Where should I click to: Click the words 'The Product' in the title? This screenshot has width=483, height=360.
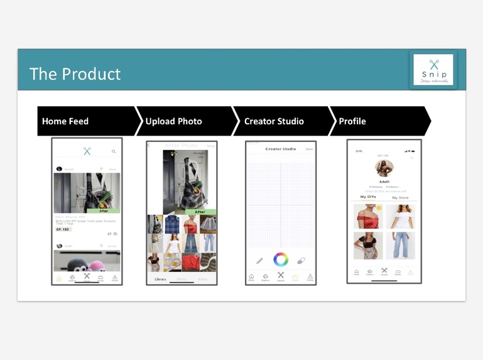click(x=75, y=74)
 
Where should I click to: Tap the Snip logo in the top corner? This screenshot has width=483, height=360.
click(x=433, y=70)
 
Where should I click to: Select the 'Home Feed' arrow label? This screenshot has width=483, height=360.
click(x=65, y=121)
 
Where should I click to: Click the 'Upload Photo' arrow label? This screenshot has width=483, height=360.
click(x=174, y=121)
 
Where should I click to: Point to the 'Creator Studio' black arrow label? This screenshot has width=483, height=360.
click(x=274, y=121)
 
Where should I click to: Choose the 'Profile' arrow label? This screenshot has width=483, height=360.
click(x=352, y=121)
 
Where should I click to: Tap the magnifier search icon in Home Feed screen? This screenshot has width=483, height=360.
click(x=114, y=151)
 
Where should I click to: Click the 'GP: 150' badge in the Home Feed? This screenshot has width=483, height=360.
click(x=63, y=229)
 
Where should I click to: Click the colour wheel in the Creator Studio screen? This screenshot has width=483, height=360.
click(x=281, y=259)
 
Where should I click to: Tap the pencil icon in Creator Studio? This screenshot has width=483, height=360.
click(x=259, y=259)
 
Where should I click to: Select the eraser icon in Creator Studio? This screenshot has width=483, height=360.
click(x=301, y=259)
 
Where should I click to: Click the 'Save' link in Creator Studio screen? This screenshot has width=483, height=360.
click(x=309, y=149)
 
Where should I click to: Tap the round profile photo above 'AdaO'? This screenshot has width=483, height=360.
click(x=384, y=168)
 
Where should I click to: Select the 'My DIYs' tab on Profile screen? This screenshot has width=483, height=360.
click(x=367, y=197)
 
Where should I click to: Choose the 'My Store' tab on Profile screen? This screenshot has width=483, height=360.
click(x=400, y=197)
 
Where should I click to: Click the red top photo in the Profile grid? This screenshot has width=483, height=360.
click(x=367, y=217)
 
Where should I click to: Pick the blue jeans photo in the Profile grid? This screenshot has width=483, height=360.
click(x=400, y=246)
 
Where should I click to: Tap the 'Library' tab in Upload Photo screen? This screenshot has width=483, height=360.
click(x=160, y=279)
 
